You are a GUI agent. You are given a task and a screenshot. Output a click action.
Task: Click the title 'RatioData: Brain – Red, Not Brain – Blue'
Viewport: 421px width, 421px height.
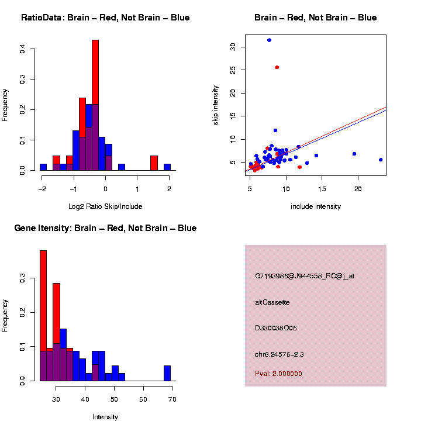105,18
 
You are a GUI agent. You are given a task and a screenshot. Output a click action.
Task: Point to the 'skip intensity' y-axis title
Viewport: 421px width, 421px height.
216,108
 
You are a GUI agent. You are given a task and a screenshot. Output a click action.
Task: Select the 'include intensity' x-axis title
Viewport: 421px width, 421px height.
316,206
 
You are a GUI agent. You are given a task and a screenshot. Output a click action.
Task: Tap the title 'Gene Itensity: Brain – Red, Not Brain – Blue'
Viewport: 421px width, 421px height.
105,228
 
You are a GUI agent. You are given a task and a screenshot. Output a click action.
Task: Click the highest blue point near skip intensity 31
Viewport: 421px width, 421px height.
269,40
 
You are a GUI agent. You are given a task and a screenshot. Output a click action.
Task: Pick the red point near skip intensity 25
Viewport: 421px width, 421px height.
277,67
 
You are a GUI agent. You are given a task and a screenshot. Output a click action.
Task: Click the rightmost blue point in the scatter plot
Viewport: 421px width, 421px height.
381,160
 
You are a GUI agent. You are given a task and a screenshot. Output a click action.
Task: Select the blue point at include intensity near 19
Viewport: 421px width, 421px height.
354,154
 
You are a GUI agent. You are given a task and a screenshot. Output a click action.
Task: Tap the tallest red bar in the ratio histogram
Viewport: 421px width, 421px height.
95,105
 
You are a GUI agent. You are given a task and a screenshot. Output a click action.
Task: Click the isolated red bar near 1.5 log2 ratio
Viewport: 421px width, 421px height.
154,163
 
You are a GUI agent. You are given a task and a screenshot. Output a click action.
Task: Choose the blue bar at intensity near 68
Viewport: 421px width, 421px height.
167,373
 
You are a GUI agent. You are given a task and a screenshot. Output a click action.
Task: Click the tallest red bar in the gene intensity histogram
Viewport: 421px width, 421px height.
43,316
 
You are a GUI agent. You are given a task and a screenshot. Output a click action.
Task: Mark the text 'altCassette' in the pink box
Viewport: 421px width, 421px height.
272,302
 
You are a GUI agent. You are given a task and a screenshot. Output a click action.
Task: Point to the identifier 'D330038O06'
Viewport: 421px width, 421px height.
276,328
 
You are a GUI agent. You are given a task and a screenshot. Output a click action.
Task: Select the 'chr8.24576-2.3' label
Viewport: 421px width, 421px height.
279,354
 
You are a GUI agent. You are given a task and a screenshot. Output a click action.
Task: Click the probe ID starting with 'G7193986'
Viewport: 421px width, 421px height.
305,276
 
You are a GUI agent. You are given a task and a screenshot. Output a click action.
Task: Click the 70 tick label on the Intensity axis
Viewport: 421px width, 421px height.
172,399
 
